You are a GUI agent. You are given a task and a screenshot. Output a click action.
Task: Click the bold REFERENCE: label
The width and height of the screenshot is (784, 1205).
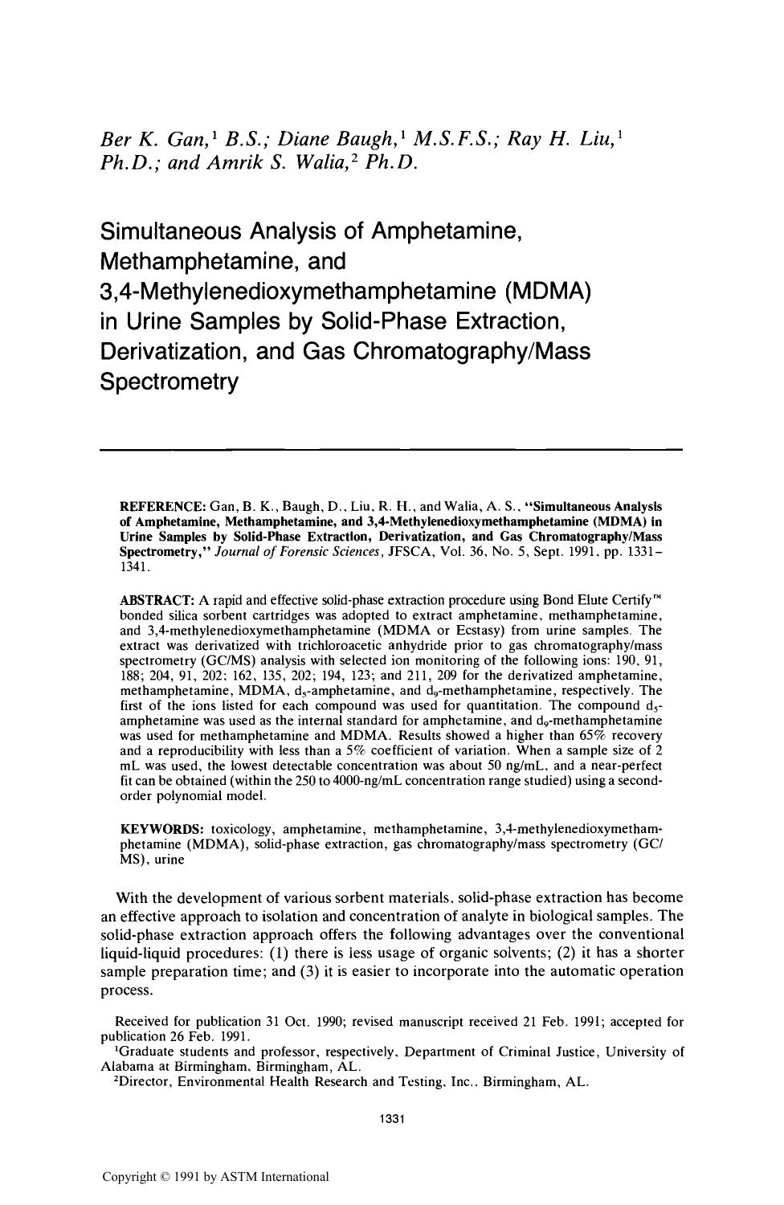click(163, 506)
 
